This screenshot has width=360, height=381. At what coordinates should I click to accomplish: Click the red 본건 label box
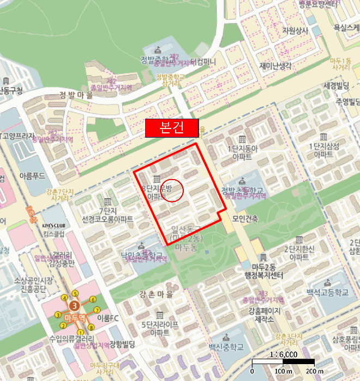point(172,128)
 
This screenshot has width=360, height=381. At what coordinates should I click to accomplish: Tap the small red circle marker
point(174,190)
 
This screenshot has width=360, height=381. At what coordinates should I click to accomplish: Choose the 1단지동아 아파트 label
point(241,151)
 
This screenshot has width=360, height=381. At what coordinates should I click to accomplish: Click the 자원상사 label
point(295,30)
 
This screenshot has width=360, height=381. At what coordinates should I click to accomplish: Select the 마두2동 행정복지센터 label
point(260,271)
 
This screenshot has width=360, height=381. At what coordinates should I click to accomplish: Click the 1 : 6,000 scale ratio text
point(283,354)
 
